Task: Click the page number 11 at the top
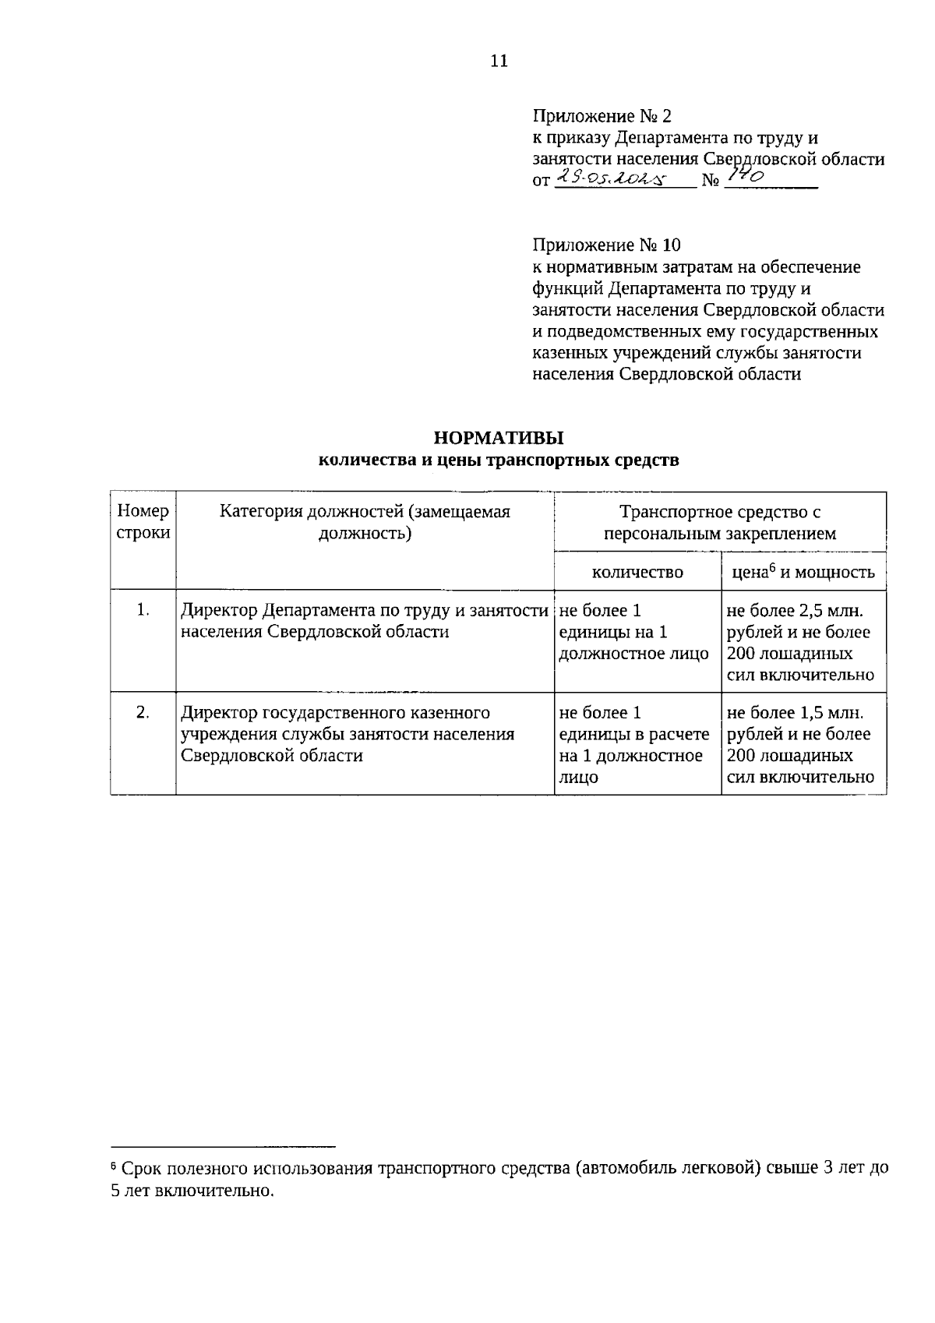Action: [499, 62]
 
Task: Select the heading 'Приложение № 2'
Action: [602, 117]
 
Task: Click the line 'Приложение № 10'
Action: [606, 245]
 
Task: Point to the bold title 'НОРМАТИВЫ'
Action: [499, 438]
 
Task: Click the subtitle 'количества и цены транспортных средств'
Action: [499, 460]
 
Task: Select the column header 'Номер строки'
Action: [143, 522]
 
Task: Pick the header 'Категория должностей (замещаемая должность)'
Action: [365, 522]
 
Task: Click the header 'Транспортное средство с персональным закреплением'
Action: [720, 522]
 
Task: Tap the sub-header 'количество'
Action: [637, 572]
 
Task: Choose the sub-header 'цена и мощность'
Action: [803, 572]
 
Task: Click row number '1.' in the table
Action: [143, 611]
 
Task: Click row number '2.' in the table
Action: [143, 712]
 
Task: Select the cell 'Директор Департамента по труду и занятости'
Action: [365, 621]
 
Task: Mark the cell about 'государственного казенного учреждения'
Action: [348, 733]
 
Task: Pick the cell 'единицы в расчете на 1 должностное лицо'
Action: [634, 744]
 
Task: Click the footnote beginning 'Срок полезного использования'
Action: [499, 1179]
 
